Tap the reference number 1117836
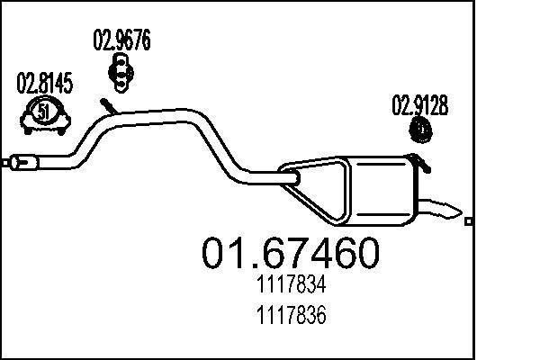(x=289, y=317)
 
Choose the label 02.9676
(x=121, y=40)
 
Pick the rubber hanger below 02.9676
(x=121, y=69)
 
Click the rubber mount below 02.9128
(x=420, y=131)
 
